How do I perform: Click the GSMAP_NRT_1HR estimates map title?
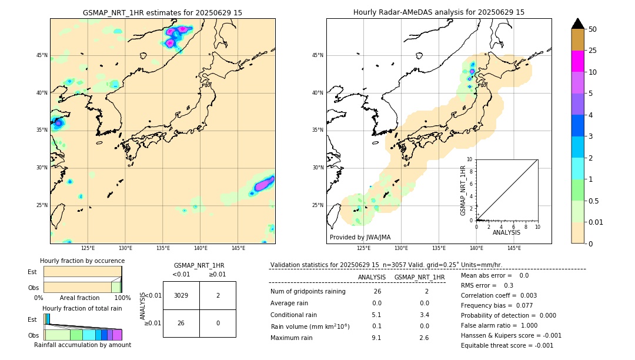pyautogui.click(x=162, y=12)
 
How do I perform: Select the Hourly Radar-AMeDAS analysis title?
pyautogui.click(x=439, y=12)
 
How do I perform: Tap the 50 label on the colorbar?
pyautogui.click(x=593, y=29)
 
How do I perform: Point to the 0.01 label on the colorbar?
pyautogui.click(x=596, y=222)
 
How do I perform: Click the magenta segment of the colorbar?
pyautogui.click(x=578, y=61)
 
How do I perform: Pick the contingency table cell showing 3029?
pyautogui.click(x=181, y=295)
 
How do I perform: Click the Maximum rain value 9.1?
pyautogui.click(x=376, y=338)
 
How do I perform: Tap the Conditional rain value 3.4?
pyautogui.click(x=424, y=315)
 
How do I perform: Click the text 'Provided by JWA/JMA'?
pyautogui.click(x=360, y=238)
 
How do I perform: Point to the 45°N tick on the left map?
pyautogui.click(x=42, y=55)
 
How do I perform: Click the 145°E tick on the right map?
pyautogui.click(x=514, y=248)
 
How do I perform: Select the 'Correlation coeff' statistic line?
pyautogui.click(x=500, y=295)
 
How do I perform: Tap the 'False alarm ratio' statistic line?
pyautogui.click(x=500, y=325)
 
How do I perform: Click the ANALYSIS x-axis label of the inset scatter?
pyautogui.click(x=506, y=233)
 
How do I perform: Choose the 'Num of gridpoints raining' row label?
pyautogui.click(x=308, y=292)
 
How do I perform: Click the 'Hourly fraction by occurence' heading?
pyautogui.click(x=82, y=261)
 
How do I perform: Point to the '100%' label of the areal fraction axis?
pyautogui.click(x=122, y=298)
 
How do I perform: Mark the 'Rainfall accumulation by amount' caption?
pyautogui.click(x=82, y=345)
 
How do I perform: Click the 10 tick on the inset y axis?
pyautogui.click(x=470, y=159)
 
